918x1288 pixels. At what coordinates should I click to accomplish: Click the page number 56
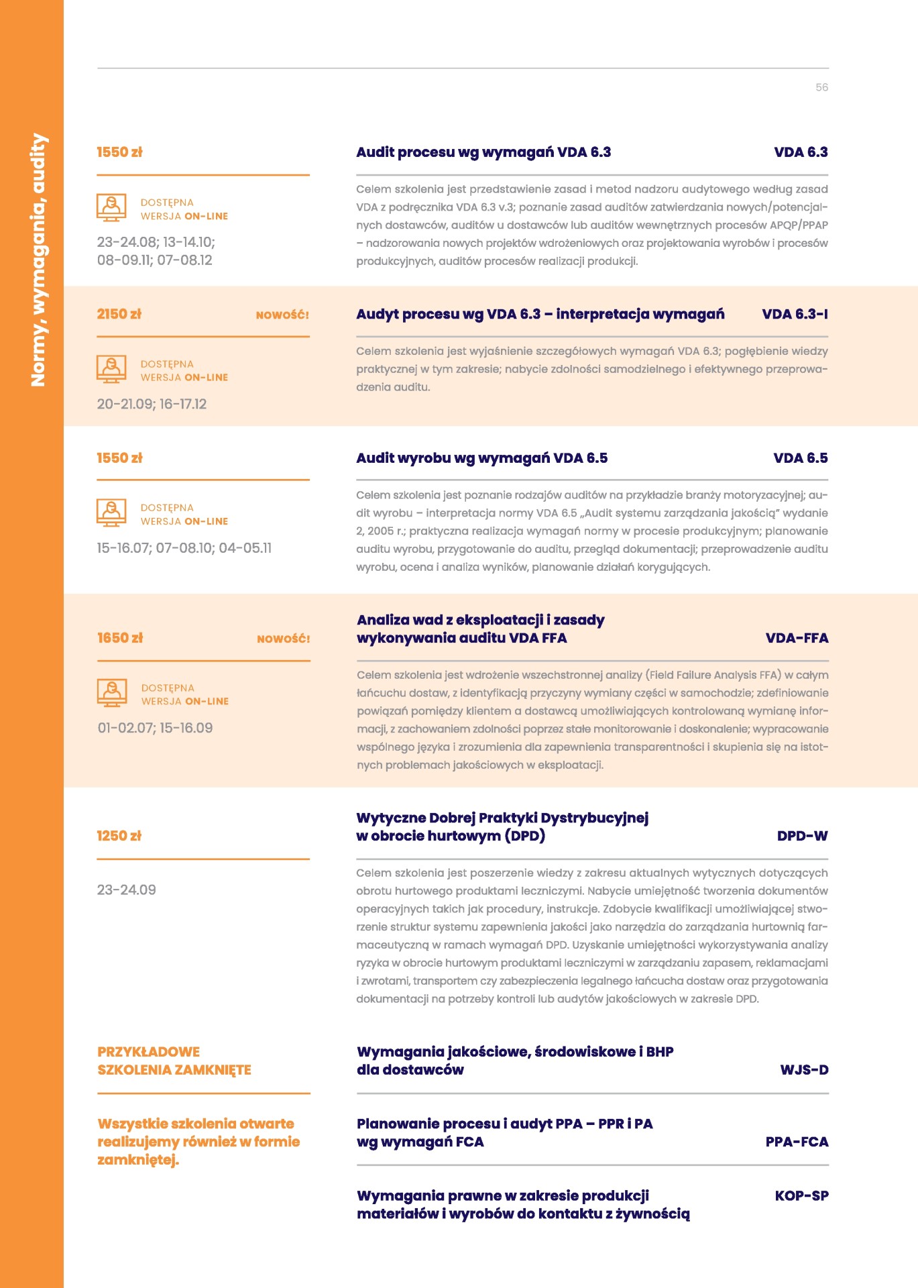click(821, 87)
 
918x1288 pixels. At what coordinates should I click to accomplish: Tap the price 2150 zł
click(119, 314)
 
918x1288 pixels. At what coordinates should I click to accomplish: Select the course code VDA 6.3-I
click(795, 314)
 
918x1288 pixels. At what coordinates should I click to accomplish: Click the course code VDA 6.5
click(800, 458)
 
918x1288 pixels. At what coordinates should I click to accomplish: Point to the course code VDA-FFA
click(797, 638)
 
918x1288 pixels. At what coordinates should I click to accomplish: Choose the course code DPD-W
click(802, 836)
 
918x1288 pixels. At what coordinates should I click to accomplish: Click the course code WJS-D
click(804, 1070)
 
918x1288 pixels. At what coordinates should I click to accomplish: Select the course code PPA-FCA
click(797, 1142)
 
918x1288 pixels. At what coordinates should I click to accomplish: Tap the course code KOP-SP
click(801, 1195)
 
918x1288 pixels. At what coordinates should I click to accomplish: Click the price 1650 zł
click(120, 638)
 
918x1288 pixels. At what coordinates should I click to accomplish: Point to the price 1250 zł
click(119, 836)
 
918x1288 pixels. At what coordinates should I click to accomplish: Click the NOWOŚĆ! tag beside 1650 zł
click(283, 639)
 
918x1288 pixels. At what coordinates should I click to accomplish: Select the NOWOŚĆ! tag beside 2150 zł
click(282, 315)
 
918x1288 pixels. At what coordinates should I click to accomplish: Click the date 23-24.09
click(126, 890)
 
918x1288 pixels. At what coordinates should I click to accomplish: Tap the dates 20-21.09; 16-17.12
click(152, 404)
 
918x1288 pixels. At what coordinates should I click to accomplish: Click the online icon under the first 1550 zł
click(111, 207)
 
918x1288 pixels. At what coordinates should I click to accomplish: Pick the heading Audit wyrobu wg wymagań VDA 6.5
click(481, 458)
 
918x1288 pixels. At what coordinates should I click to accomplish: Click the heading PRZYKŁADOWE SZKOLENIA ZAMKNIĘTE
click(174, 1061)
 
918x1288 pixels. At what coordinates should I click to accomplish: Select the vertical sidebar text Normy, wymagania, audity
click(38, 260)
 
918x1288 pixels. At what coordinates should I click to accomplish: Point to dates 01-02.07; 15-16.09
click(155, 728)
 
